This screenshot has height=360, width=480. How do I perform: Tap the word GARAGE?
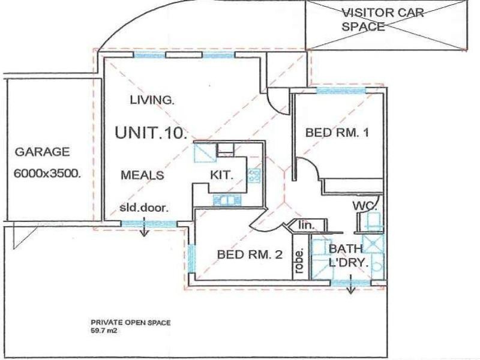pos(42,152)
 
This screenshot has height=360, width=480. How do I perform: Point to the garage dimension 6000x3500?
pos(47,174)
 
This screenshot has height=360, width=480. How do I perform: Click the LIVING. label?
pos(152,100)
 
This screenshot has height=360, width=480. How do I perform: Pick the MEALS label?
pos(143,175)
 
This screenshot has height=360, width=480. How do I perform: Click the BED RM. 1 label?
pos(336,133)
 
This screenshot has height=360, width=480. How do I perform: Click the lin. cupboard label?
pos(307,226)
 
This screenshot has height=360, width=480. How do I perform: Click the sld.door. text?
pos(145,208)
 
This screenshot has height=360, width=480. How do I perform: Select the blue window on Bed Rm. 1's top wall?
pos(340,91)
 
